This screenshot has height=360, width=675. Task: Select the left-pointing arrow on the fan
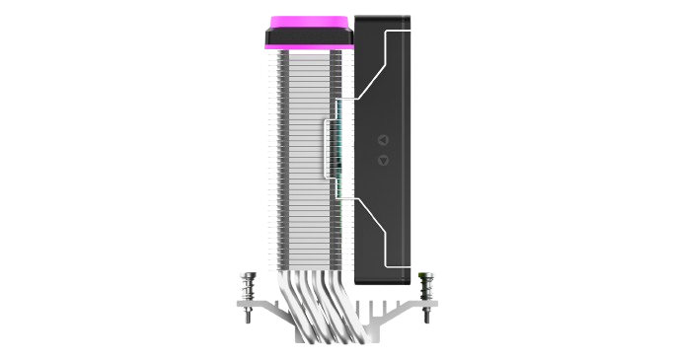tap(383, 140)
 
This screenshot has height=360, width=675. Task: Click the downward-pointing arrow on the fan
tap(383, 159)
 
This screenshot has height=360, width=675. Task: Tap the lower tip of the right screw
tap(425, 318)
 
